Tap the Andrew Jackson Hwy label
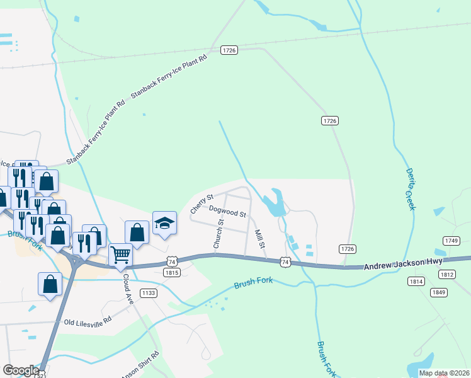pos(404,263)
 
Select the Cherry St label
pos(202,203)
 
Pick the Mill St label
pos(258,239)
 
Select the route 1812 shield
pos(447,274)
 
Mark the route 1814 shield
pos(415,281)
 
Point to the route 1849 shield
pos(439,292)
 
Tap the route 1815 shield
pos(172,273)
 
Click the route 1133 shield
pos(149,293)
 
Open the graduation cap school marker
pos(164,224)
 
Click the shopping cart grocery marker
pos(120,255)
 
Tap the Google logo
pos(20,370)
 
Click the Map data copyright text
pos(444,373)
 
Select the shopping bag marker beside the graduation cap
pos(137,232)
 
